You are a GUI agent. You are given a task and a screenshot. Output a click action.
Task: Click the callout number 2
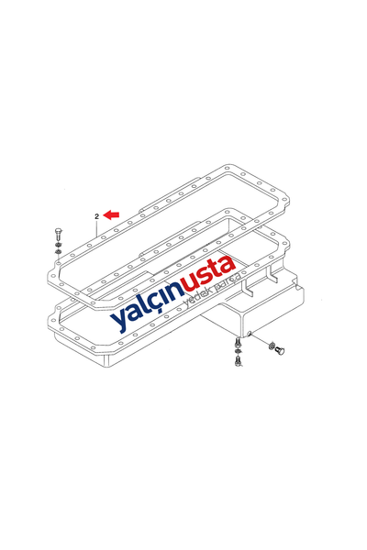point(97,216)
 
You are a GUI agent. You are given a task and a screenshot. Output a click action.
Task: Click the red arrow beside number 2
point(111,214)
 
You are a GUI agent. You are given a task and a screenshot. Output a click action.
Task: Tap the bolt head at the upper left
point(59,232)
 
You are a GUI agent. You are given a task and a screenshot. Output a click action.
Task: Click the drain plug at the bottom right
point(280,350)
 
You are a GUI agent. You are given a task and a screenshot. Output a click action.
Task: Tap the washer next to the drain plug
point(272,346)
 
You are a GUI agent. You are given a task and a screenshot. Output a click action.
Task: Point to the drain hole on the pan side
point(249,334)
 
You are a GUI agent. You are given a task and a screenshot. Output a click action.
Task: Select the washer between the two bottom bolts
point(239,351)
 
